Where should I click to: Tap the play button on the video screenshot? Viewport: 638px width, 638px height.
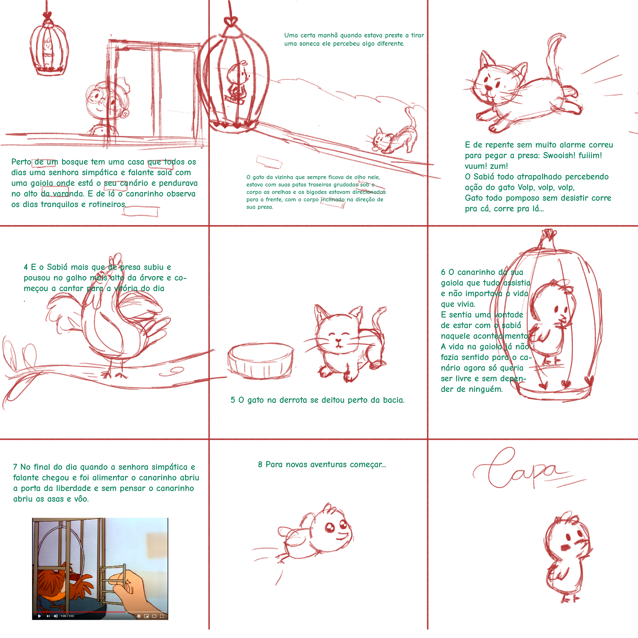[x=40, y=616]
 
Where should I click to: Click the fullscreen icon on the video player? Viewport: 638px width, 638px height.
[x=162, y=616]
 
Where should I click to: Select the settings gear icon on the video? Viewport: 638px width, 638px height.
[x=139, y=616]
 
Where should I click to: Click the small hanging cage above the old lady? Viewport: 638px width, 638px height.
[x=49, y=46]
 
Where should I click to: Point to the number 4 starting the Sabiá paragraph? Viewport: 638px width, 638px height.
[x=26, y=267]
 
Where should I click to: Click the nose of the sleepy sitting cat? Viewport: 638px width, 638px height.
[x=338, y=340]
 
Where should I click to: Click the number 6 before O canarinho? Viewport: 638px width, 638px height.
[x=443, y=272]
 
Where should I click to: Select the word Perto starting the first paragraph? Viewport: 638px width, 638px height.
[x=21, y=162]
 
